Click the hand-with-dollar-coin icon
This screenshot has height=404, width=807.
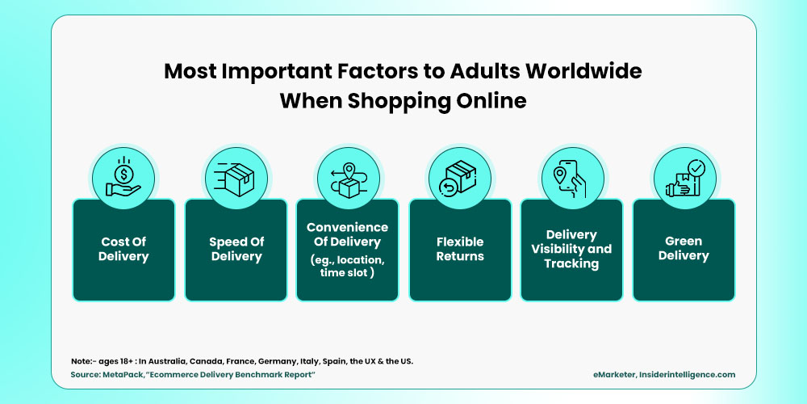tap(123, 177)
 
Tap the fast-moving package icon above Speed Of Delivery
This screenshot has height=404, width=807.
tap(236, 177)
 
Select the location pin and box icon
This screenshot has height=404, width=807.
tap(347, 177)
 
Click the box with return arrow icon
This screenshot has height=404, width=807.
tap(459, 177)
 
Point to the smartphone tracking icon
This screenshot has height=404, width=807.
tap(571, 177)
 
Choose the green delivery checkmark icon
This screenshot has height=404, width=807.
tap(683, 177)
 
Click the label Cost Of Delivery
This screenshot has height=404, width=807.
tap(123, 249)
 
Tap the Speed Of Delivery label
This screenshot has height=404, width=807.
tap(236, 249)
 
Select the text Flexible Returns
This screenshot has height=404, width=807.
tap(460, 249)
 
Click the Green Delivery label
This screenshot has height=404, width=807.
tap(684, 248)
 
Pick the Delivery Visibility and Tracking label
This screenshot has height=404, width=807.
tap(571, 249)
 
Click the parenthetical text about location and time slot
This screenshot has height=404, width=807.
tap(347, 267)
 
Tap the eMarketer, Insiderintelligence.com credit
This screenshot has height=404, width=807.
tap(662, 375)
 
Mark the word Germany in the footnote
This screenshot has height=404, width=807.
tap(266, 360)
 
